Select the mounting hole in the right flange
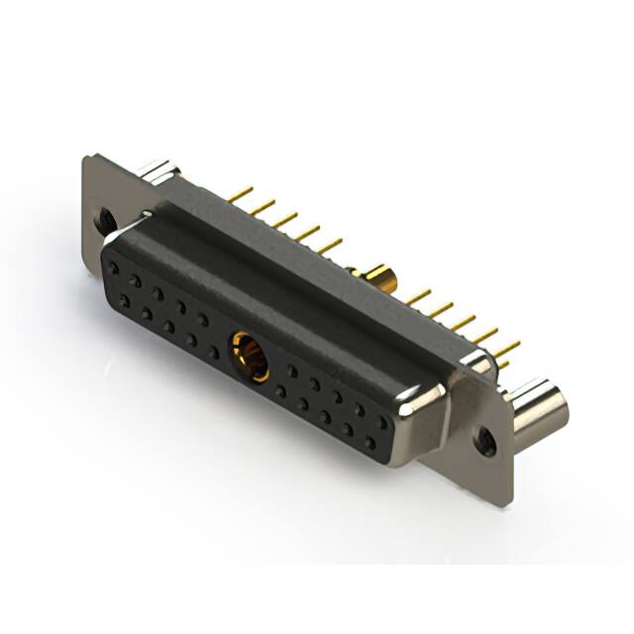click(485, 437)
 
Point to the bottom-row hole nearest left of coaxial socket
click(213, 353)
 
